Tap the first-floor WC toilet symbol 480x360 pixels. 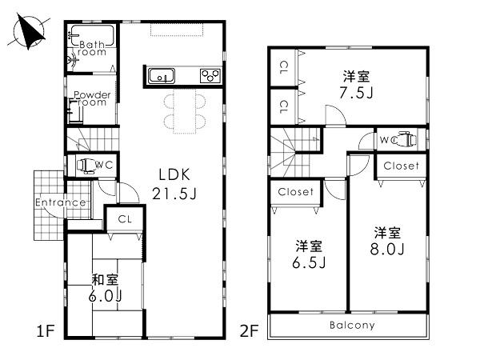click(85, 166)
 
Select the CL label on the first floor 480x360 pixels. click(125, 218)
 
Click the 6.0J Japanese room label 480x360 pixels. click(106, 288)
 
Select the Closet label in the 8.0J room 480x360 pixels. click(401, 166)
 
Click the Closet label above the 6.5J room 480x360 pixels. click(296, 192)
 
